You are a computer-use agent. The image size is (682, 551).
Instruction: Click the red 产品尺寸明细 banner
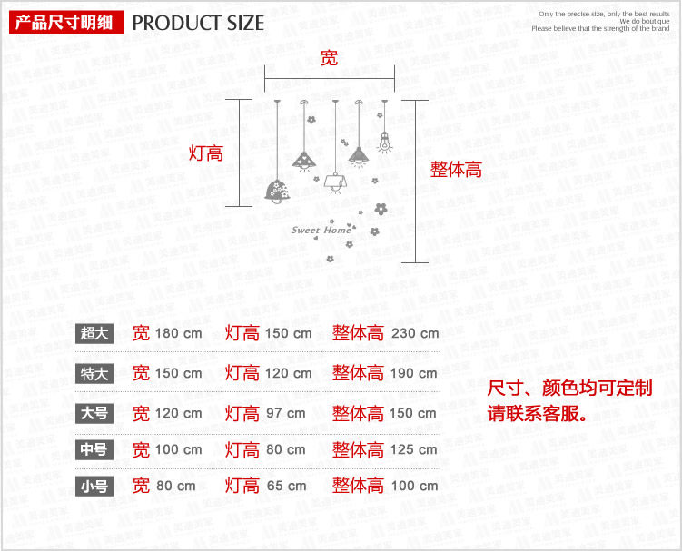tap(63, 23)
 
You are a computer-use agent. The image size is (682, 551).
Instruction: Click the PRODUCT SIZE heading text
tap(198, 23)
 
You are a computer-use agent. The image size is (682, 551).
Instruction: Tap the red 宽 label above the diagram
tap(329, 58)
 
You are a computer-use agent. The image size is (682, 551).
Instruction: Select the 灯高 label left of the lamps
tap(205, 153)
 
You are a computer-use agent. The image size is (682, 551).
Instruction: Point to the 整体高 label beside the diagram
tap(456, 170)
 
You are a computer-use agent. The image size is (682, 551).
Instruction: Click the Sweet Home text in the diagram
tap(321, 231)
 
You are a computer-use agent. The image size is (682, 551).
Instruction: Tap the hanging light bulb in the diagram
tap(383, 139)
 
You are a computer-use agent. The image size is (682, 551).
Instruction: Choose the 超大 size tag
tap(94, 333)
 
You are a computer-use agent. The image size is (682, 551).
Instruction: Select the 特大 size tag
tap(94, 373)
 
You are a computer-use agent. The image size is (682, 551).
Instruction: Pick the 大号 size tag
tap(94, 413)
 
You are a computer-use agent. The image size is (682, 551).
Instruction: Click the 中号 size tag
tap(94, 449)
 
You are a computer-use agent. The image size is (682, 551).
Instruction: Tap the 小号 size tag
tap(94, 486)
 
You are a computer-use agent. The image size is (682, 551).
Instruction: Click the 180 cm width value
tap(178, 333)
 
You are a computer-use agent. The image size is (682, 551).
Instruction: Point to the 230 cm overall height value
tap(415, 333)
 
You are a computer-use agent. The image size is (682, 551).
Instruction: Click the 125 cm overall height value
tap(414, 449)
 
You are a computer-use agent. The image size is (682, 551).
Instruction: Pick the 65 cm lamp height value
tap(286, 486)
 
